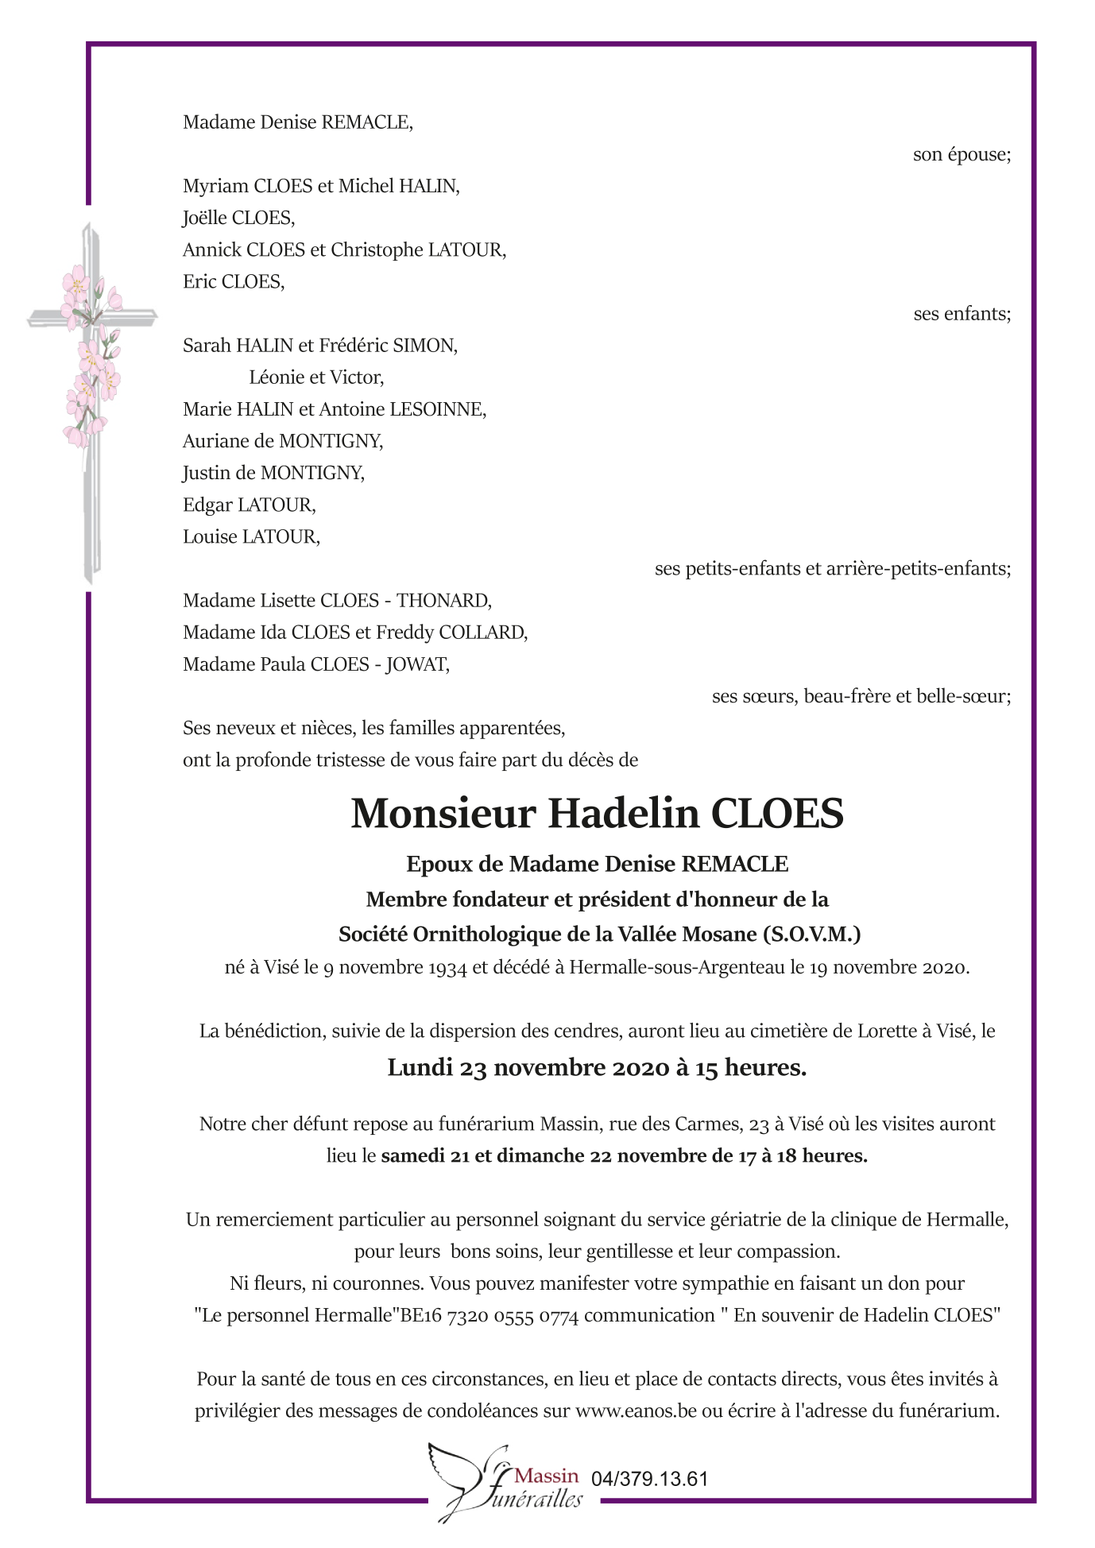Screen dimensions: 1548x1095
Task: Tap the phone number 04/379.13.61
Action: [x=649, y=1480]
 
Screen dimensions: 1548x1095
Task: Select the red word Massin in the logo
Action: [x=547, y=1476]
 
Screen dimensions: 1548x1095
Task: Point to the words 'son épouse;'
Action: [x=962, y=154]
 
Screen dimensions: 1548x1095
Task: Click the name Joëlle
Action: [x=205, y=218]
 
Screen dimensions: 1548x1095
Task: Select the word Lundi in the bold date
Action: [x=420, y=1068]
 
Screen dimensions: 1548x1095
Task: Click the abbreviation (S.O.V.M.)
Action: [x=811, y=935]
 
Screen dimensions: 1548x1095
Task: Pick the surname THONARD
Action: [x=443, y=601]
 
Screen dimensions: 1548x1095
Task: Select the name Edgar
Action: [x=207, y=505]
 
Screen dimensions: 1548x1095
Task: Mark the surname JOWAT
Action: [x=417, y=664]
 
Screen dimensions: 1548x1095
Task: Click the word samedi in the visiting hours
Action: [x=412, y=1156]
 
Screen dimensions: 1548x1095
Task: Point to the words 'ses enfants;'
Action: [x=962, y=314]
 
